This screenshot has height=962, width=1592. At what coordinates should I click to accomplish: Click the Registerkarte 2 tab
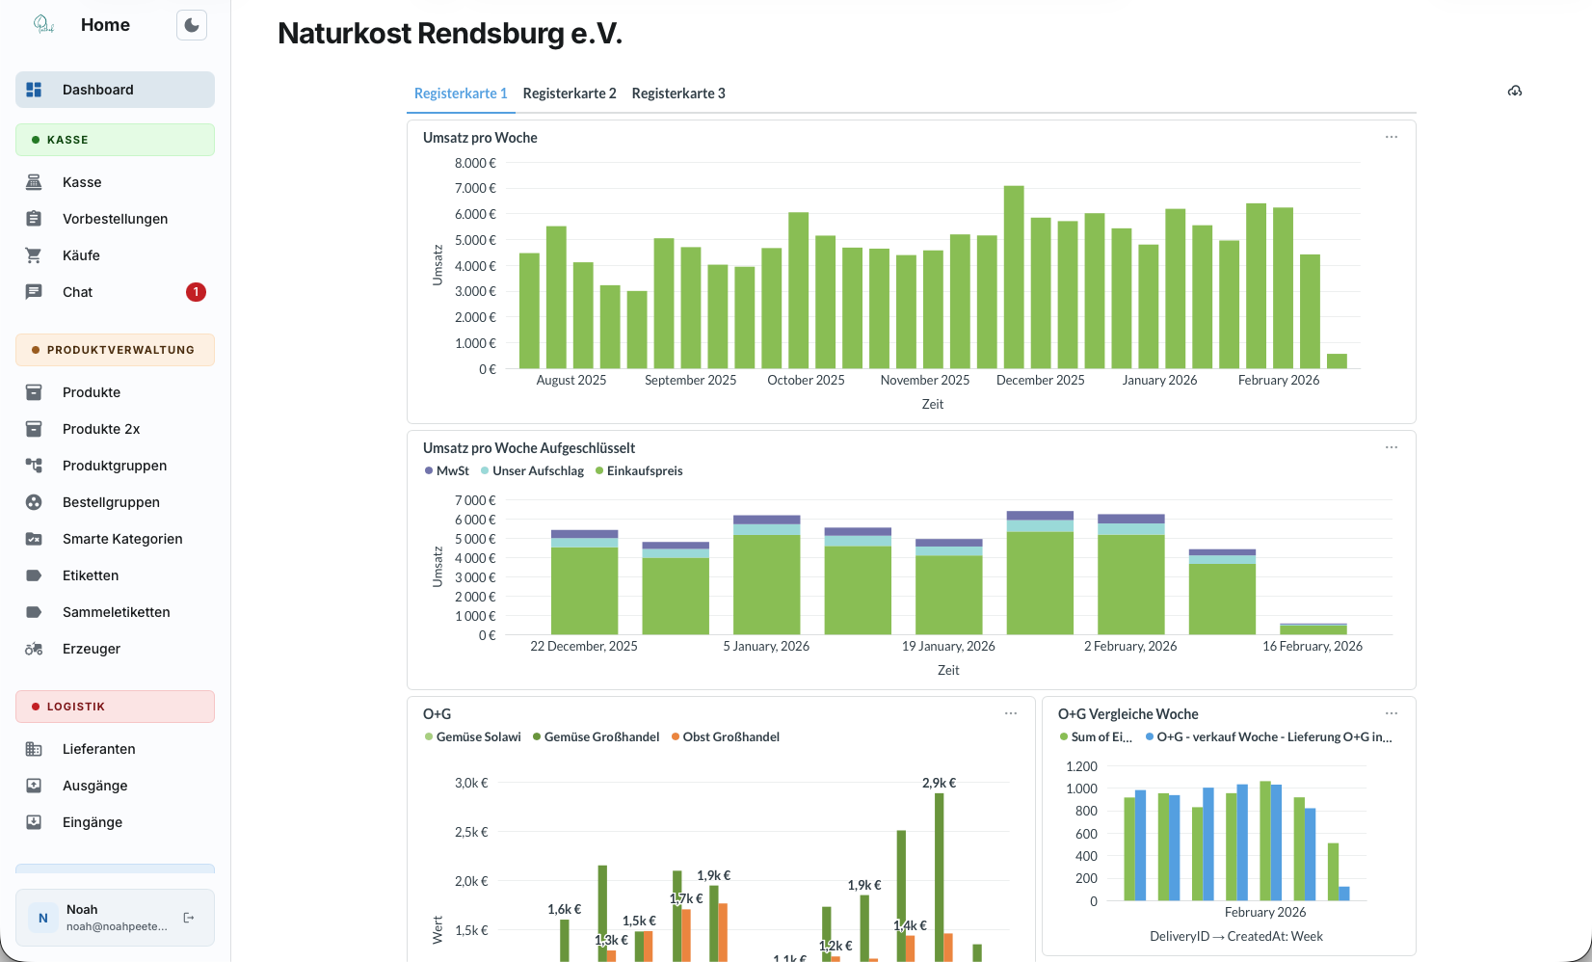(569, 94)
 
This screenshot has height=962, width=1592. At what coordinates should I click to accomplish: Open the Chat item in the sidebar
(78, 292)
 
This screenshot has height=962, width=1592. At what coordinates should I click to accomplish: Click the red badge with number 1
(196, 292)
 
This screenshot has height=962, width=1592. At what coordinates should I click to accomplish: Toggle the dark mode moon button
(192, 25)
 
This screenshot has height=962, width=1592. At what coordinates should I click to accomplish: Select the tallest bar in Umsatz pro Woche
(1013, 278)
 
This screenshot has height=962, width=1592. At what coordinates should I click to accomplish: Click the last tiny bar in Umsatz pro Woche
(1337, 361)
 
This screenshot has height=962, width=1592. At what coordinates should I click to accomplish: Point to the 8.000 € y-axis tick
(475, 163)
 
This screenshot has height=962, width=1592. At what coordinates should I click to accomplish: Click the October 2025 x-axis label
(806, 380)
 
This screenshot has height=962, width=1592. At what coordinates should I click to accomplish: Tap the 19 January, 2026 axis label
(948, 646)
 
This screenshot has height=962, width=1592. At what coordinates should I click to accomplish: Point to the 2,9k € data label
(939, 783)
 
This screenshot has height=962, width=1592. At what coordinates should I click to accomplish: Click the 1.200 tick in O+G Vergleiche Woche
(1081, 766)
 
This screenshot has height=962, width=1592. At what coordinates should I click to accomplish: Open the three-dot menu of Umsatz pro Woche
(1391, 137)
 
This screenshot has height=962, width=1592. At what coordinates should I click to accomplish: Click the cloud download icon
(1515, 91)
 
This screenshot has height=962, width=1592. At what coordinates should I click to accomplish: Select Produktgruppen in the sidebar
(115, 466)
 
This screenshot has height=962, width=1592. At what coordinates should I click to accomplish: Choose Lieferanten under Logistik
(98, 749)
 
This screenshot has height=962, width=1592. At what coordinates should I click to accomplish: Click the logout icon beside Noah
(189, 918)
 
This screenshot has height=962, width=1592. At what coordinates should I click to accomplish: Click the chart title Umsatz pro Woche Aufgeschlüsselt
(529, 448)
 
